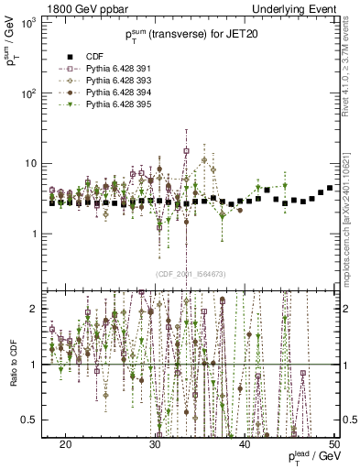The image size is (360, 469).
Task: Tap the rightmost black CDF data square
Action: pos(330,188)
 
